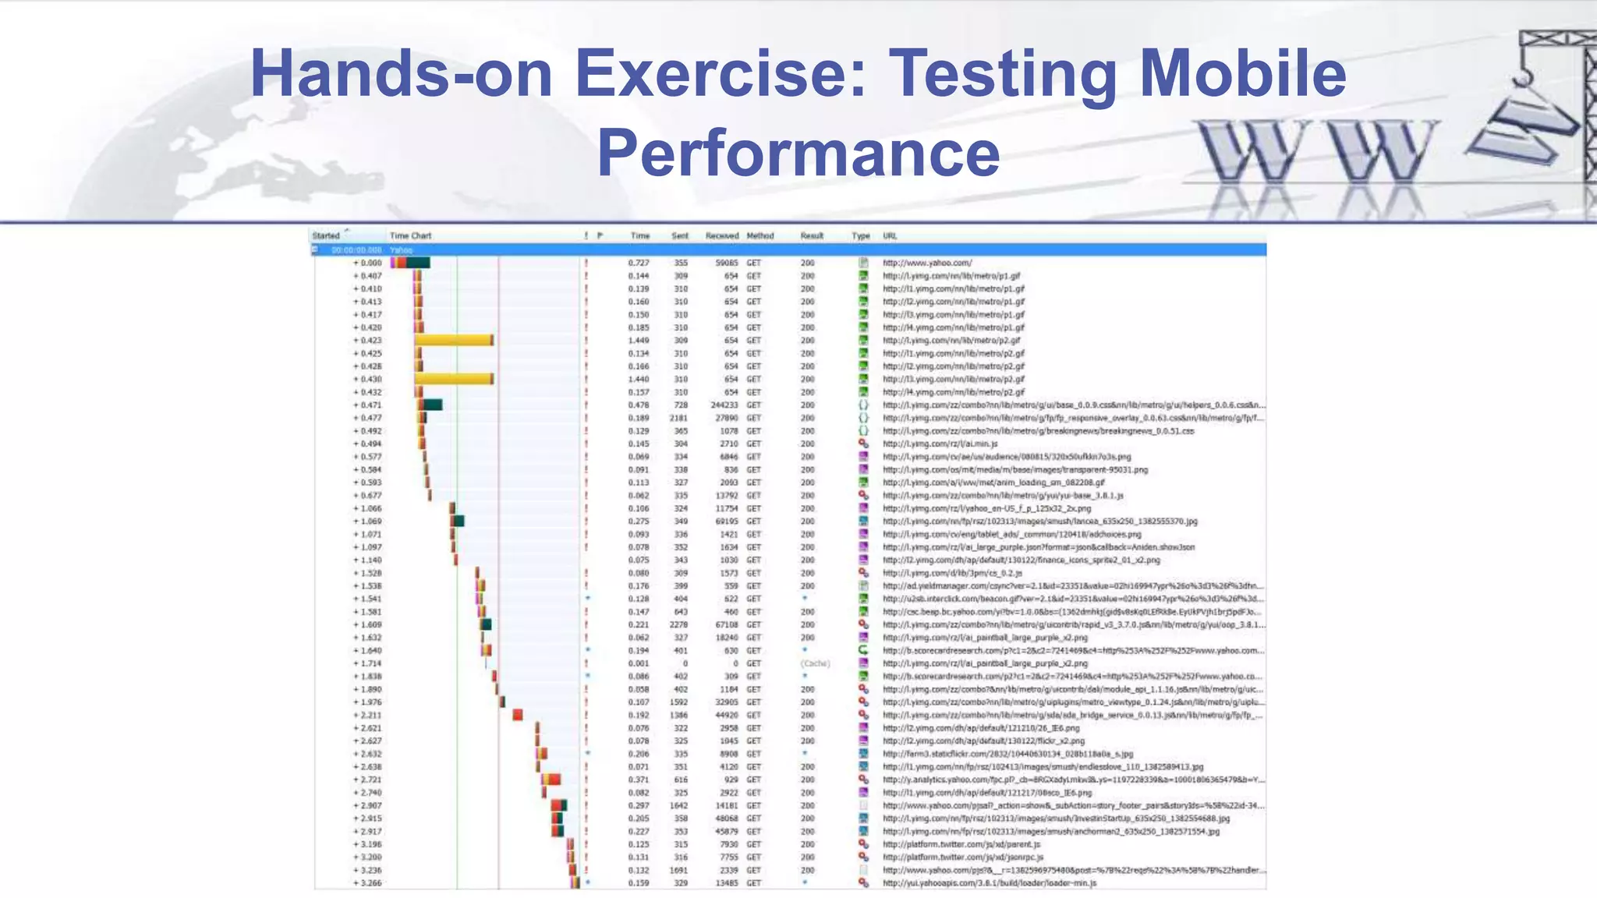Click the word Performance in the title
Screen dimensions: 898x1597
(x=798, y=154)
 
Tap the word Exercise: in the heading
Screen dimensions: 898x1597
(x=721, y=74)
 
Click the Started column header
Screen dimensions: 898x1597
(x=326, y=235)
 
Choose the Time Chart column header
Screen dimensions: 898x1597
(x=410, y=235)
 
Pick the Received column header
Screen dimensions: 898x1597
(x=721, y=235)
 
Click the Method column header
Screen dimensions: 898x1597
(x=760, y=235)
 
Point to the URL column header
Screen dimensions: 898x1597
(x=890, y=235)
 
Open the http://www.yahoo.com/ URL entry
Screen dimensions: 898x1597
(x=927, y=263)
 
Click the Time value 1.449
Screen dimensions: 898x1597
(x=639, y=341)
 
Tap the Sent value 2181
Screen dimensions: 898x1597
(x=678, y=418)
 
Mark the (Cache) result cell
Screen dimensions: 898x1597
(x=815, y=663)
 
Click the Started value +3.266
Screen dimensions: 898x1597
(x=367, y=883)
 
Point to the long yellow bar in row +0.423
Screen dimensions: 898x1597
(x=454, y=341)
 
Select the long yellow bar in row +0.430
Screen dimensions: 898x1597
(x=454, y=379)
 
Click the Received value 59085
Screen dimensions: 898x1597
(x=726, y=263)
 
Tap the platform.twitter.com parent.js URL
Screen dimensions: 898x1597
(x=961, y=844)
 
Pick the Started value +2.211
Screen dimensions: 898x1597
(x=367, y=715)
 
